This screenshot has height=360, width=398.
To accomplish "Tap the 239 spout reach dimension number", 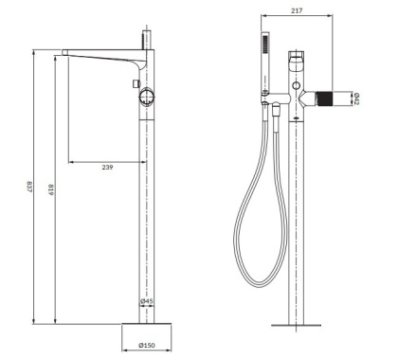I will tap(109, 168).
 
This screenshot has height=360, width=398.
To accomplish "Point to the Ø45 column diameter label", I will tap(147, 302).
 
